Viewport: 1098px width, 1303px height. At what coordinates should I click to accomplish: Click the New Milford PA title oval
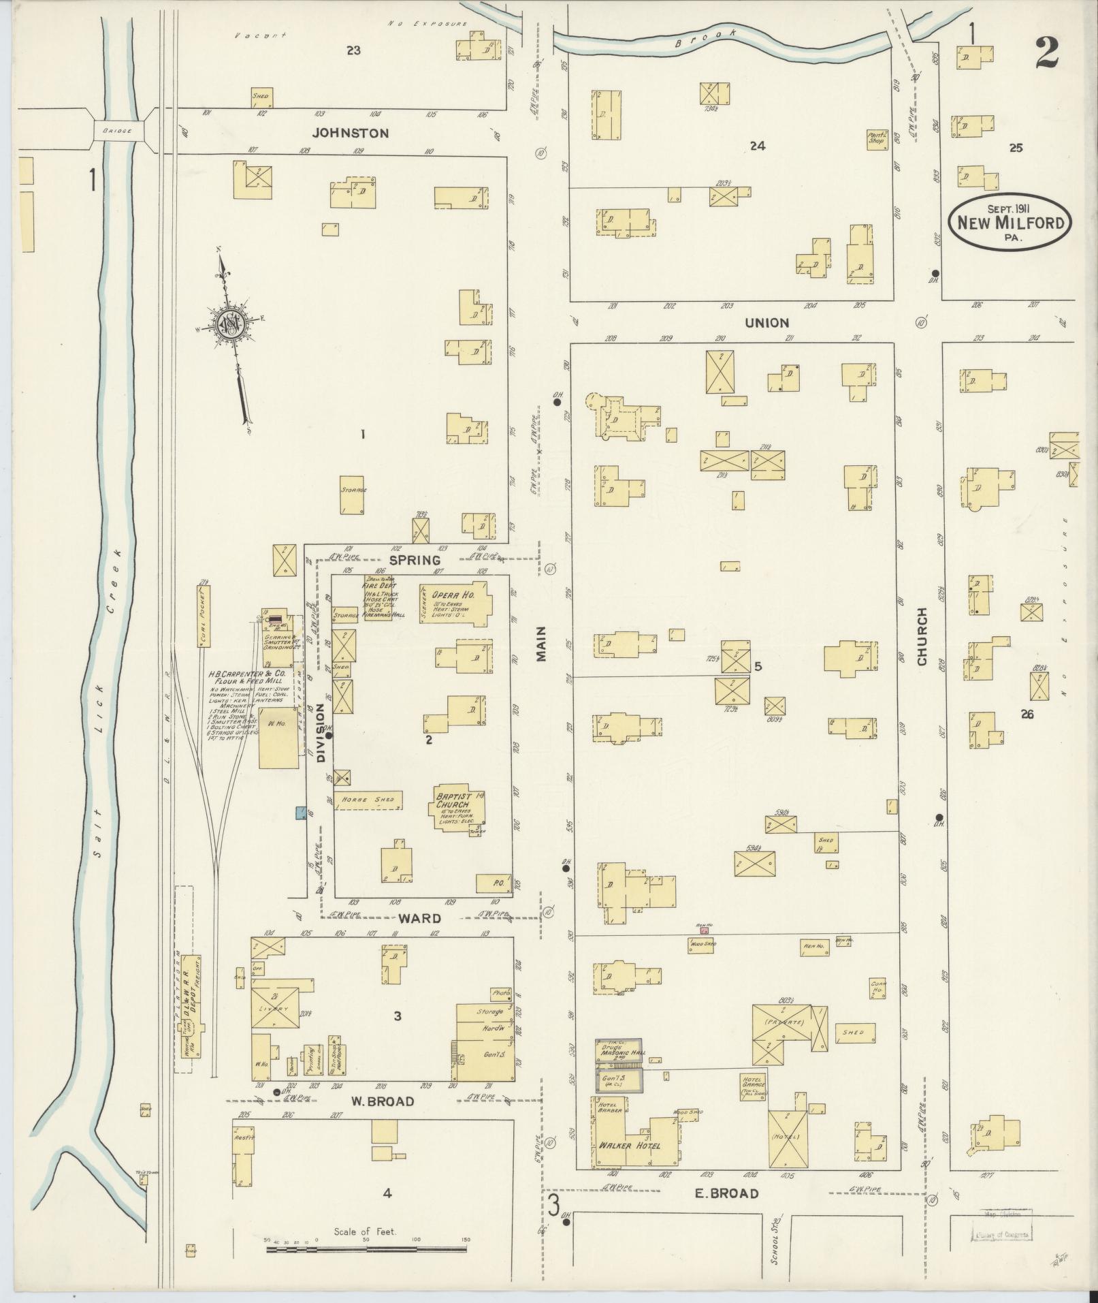tap(1010, 222)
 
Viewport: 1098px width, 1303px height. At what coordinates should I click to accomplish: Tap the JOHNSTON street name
tap(352, 134)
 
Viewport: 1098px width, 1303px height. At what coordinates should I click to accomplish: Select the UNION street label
tap(766, 323)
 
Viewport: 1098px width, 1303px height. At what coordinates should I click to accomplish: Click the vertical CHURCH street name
tap(922, 636)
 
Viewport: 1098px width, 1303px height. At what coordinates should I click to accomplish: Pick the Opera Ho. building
tap(455, 603)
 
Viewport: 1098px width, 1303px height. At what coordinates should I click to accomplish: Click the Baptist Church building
tap(459, 809)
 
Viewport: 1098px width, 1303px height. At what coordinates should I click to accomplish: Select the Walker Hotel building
tap(630, 1145)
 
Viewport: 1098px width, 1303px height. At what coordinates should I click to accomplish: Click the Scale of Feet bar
tap(366, 1249)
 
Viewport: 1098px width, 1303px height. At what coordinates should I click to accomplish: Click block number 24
tap(757, 145)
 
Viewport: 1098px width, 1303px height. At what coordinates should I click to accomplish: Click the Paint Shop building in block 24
tap(876, 139)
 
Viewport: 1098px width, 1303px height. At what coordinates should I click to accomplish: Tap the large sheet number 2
tap(1046, 54)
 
